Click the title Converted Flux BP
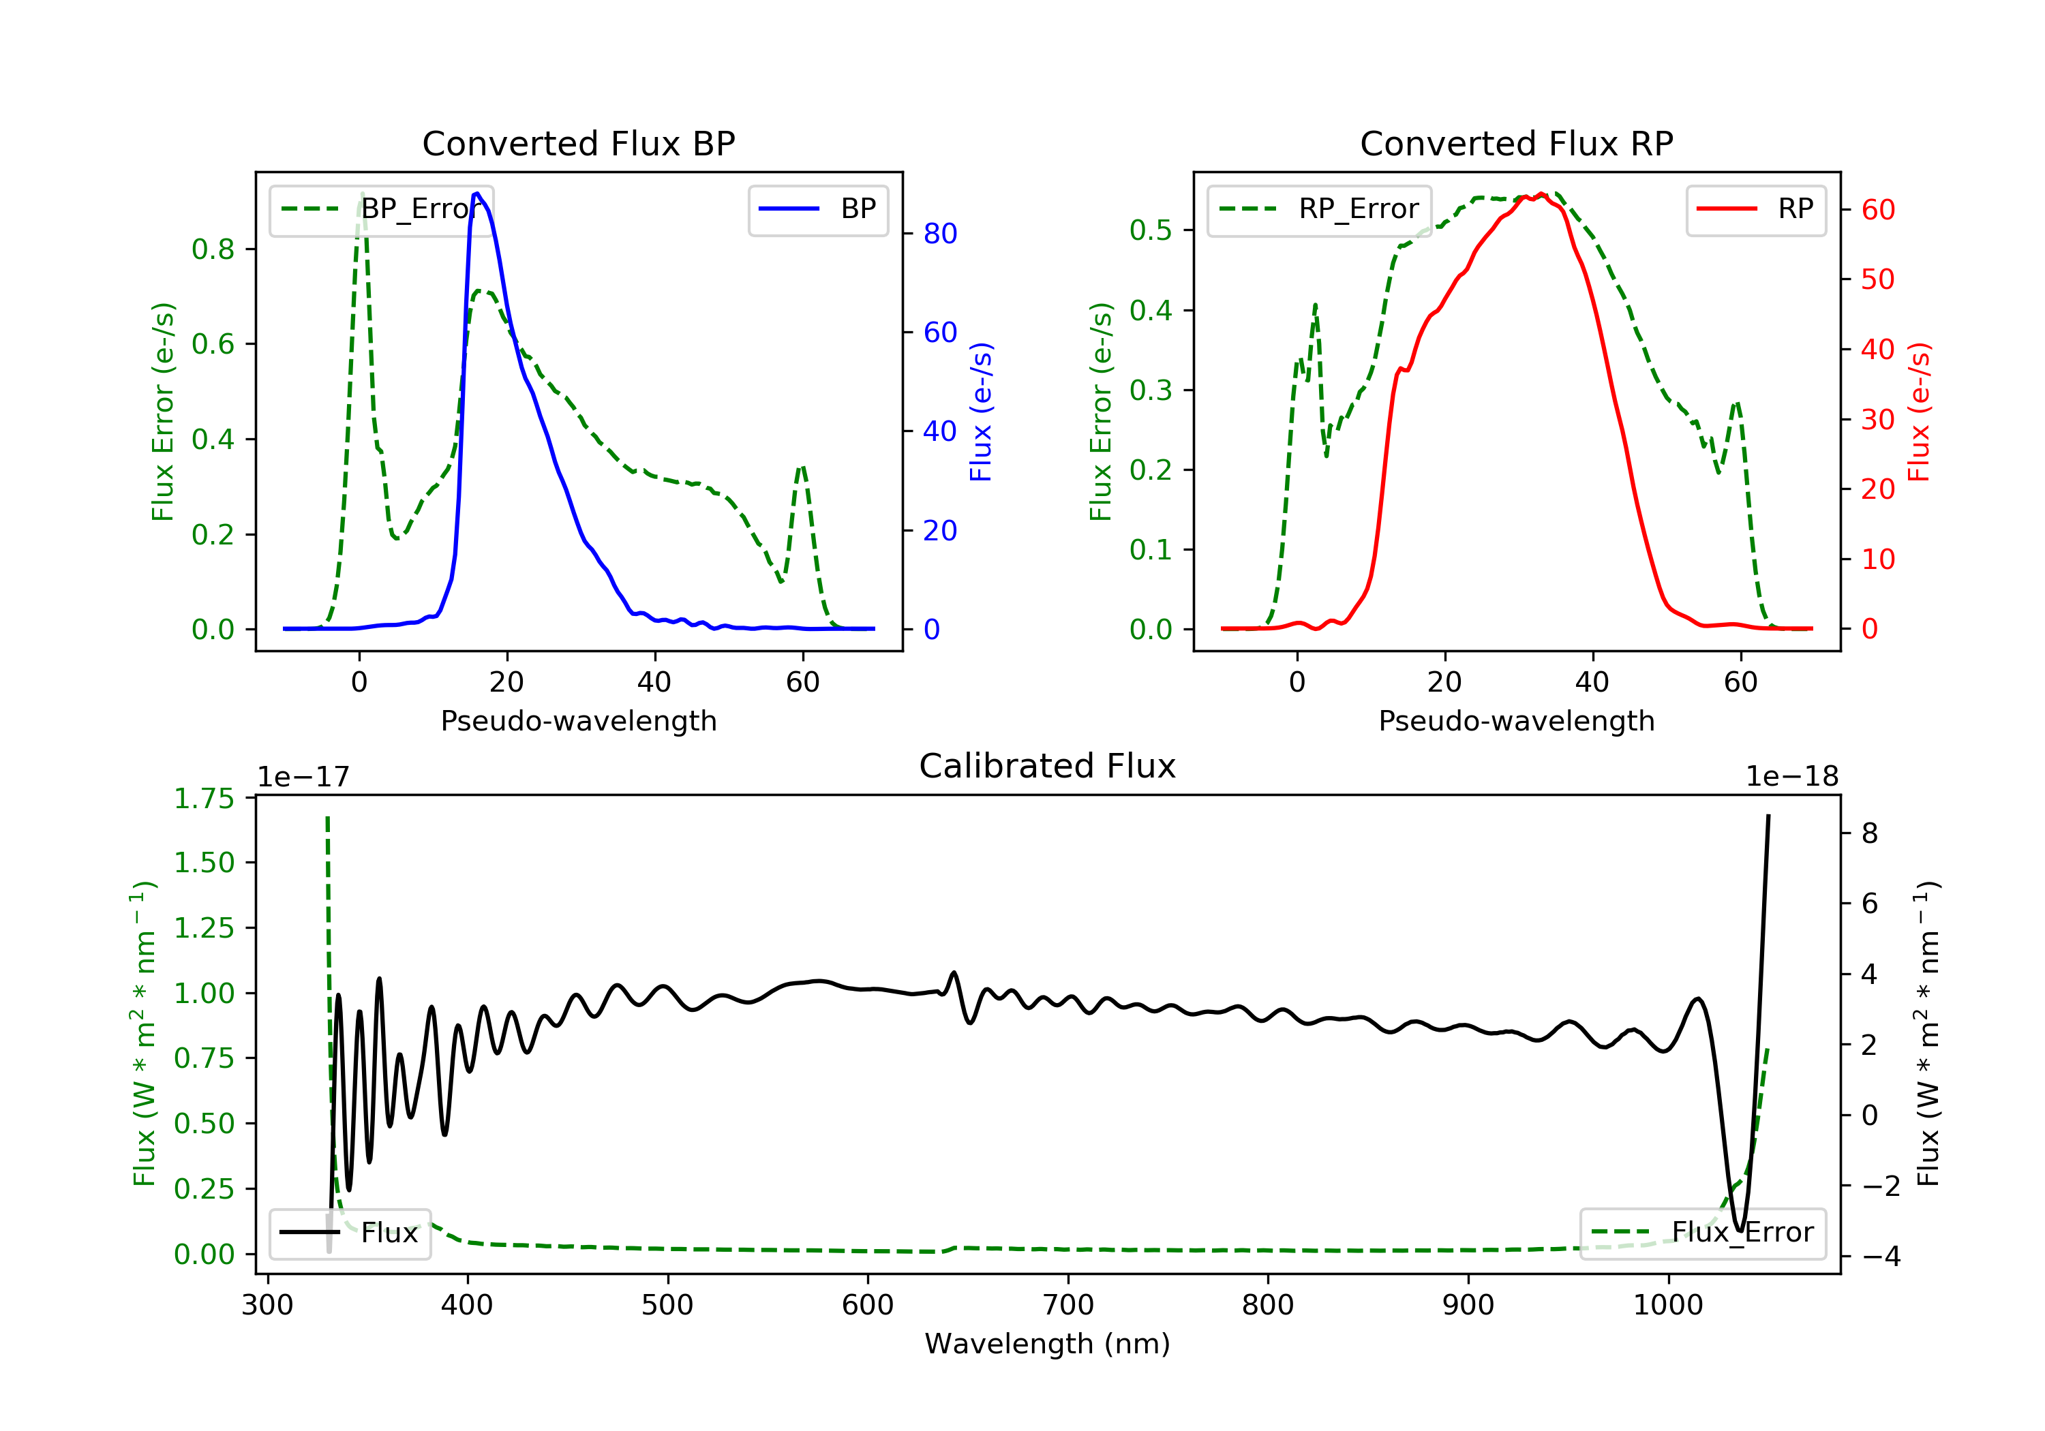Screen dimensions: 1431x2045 click(578, 143)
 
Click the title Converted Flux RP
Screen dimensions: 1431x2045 click(1516, 143)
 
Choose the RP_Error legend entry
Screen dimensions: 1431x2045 click(1319, 209)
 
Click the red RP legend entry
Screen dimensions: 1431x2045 click(1755, 209)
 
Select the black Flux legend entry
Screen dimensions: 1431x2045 click(350, 1233)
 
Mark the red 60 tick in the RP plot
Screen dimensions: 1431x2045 click(1877, 210)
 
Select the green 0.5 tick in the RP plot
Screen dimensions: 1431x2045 click(1151, 230)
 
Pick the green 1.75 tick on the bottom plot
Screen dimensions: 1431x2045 click(204, 798)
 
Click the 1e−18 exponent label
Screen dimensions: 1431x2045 click(1791, 777)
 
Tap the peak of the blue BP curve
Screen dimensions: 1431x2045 click(477, 194)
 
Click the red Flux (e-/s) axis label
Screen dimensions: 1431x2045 click(1918, 412)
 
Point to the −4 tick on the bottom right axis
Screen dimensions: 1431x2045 click(1880, 1257)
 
